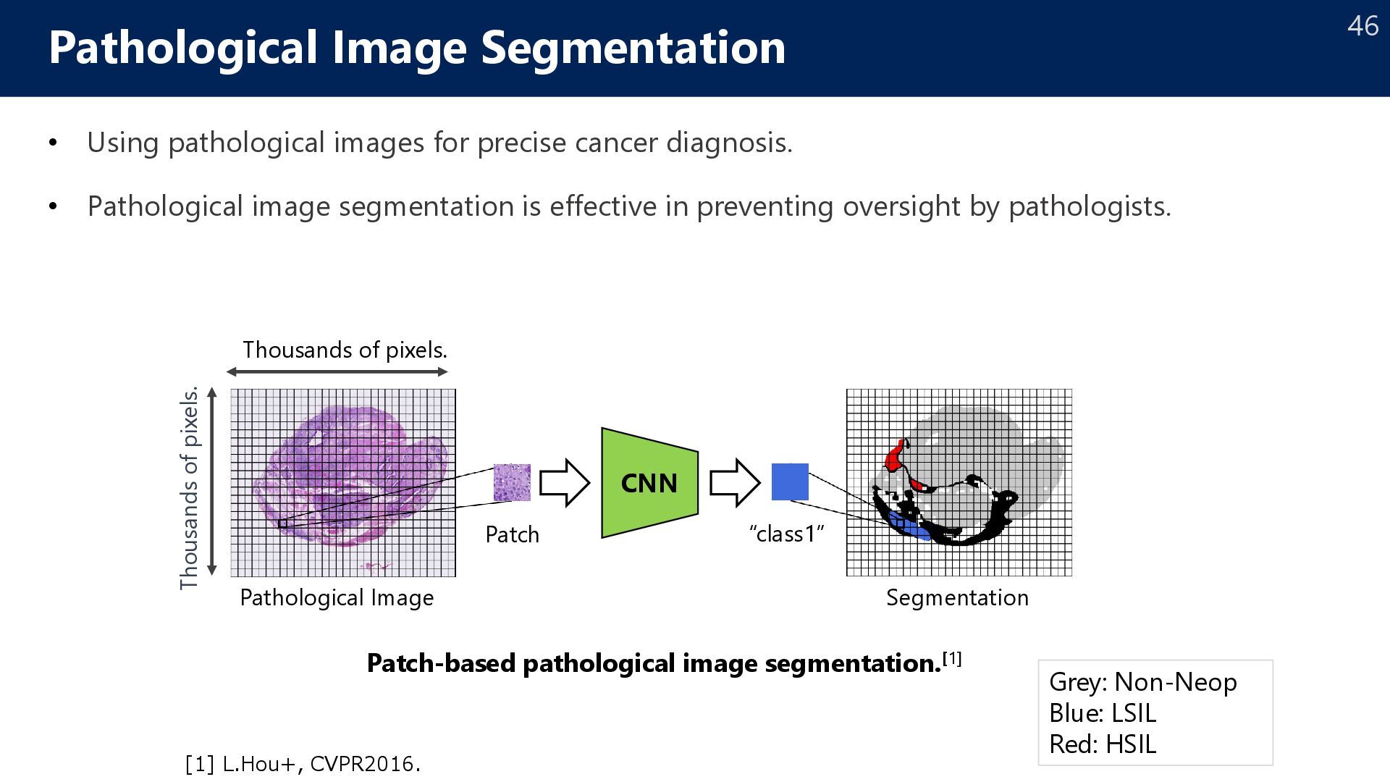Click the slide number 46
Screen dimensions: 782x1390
[x=1362, y=27]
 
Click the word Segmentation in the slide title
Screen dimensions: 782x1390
[x=633, y=48]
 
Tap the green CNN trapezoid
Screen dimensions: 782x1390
[x=649, y=483]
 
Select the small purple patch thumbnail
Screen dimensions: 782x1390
[x=512, y=482]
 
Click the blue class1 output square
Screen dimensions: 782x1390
[x=790, y=482]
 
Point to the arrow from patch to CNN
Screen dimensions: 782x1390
[x=565, y=482]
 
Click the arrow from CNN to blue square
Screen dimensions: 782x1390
[x=734, y=482]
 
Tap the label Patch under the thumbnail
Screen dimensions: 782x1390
[x=512, y=535]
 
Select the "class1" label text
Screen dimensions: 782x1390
[x=787, y=534]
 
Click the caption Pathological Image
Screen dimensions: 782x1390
[x=337, y=598]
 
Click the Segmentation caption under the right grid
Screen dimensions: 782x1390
[x=957, y=598]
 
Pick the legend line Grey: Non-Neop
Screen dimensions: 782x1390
[x=1142, y=682]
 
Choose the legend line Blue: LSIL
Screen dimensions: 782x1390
[x=1102, y=713]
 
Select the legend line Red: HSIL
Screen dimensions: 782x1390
[x=1102, y=744]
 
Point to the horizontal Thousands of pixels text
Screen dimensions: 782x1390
[x=345, y=350]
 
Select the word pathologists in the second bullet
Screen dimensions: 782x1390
[x=1089, y=207]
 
